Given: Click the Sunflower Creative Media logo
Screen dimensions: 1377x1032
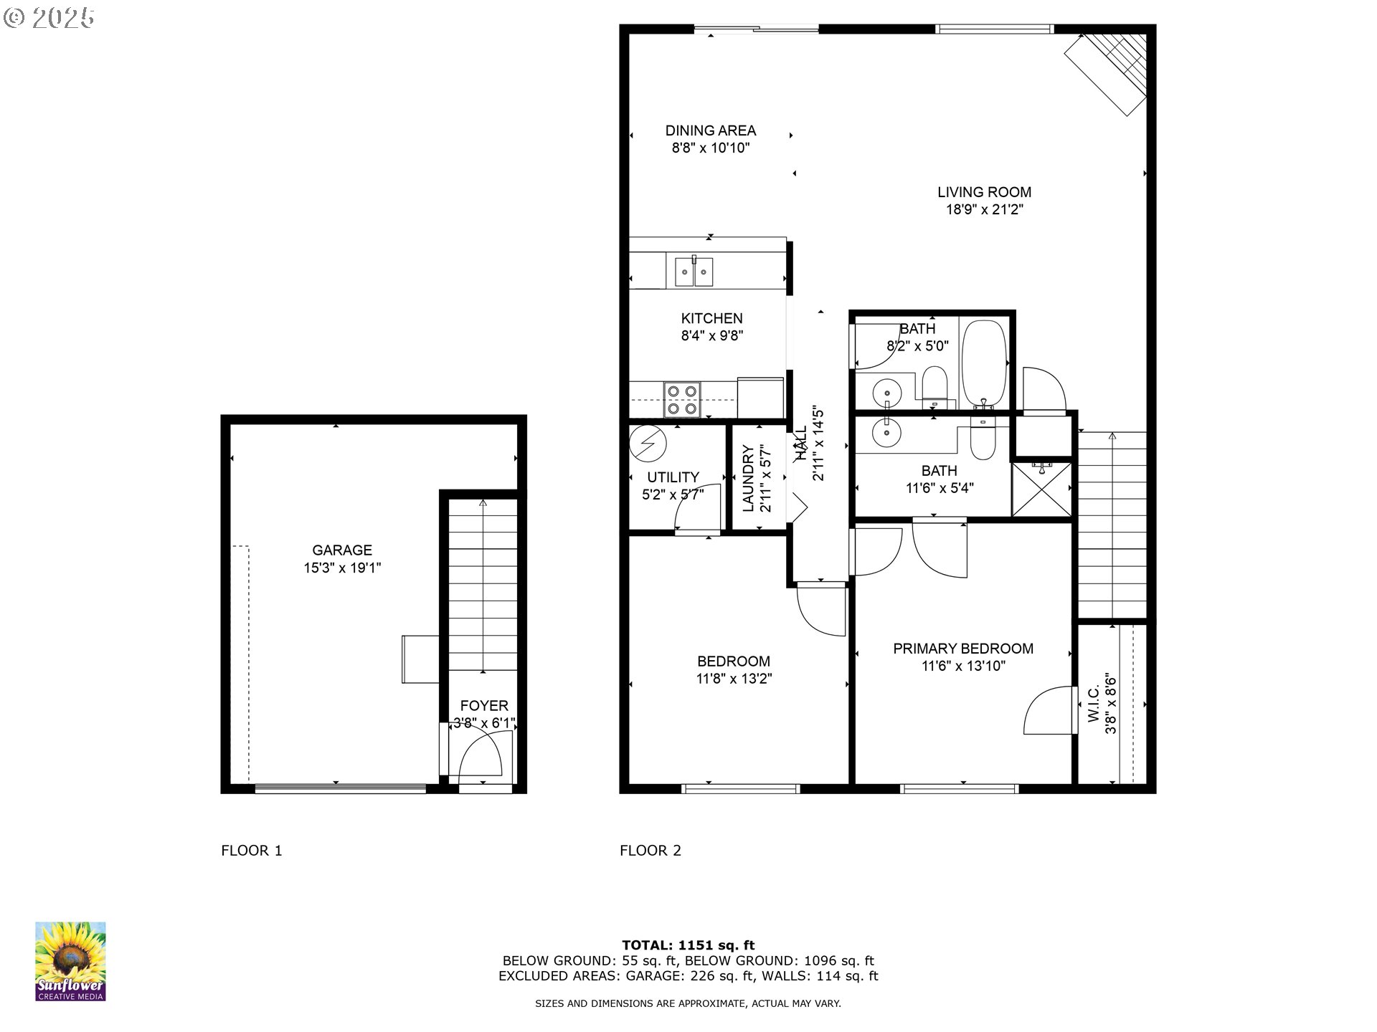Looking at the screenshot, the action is [70, 961].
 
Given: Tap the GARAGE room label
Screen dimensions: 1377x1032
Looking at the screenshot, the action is [342, 550].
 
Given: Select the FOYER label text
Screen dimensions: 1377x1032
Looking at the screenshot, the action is [484, 706].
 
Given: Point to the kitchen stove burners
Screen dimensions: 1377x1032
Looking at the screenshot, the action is [682, 400].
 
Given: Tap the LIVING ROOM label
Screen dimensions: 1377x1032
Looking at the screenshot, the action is [984, 192].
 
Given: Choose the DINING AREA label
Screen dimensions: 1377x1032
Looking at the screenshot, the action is [711, 130].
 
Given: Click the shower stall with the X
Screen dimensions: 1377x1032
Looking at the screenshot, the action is [1041, 489].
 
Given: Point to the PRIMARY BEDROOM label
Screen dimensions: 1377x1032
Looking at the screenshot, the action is [963, 649].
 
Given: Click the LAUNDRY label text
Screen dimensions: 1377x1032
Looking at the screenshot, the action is [748, 479].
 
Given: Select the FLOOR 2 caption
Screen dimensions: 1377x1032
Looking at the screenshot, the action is [650, 851].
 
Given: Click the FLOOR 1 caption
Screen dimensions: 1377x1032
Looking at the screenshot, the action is [252, 851].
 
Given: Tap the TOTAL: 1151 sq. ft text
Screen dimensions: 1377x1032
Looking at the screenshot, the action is [688, 945].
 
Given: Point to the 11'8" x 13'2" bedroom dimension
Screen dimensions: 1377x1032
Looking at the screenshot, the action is [734, 679].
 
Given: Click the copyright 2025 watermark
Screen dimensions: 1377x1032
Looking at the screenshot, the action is [49, 17].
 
